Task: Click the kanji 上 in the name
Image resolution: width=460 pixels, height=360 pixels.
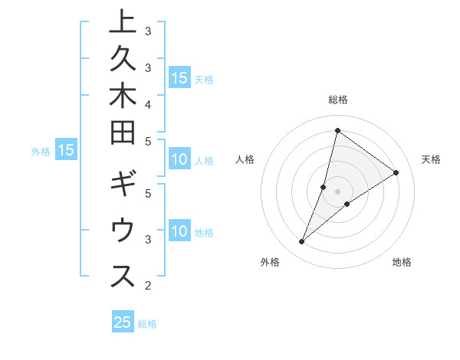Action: [x=123, y=23]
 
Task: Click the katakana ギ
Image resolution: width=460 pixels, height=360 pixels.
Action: [x=123, y=187]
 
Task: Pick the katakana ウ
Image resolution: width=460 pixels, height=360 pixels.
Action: [x=123, y=231]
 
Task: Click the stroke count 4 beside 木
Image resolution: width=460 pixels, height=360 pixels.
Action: [x=147, y=103]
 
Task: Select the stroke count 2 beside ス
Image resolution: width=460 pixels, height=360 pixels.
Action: [x=147, y=286]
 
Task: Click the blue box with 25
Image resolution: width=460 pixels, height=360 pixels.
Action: [x=123, y=322]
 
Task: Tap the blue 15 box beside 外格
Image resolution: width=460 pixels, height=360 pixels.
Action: [x=66, y=151]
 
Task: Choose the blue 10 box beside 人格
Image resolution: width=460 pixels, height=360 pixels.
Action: [x=179, y=160]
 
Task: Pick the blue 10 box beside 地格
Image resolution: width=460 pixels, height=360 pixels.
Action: [x=179, y=231]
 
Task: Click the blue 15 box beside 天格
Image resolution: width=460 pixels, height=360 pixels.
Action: [x=179, y=78]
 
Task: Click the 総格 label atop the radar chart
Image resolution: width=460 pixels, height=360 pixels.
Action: [x=338, y=100]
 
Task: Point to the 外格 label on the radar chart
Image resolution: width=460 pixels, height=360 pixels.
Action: [x=270, y=262]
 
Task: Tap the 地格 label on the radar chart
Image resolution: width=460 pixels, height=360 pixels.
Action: [x=402, y=262]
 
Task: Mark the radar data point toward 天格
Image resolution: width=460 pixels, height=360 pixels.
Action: [x=396, y=173]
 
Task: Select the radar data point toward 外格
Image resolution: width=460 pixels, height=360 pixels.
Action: [x=302, y=242]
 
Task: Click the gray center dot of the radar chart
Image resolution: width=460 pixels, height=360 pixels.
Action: [x=337, y=191]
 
